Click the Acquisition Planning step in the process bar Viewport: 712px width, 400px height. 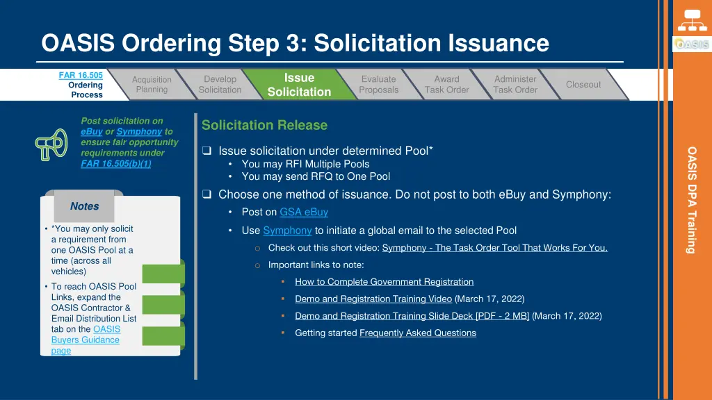click(x=152, y=85)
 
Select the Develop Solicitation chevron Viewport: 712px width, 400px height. click(x=220, y=85)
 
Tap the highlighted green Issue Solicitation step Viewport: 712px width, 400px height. click(x=299, y=85)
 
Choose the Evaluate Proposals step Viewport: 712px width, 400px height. click(x=378, y=85)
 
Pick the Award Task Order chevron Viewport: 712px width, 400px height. click(x=446, y=85)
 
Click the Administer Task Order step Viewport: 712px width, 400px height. click(x=515, y=85)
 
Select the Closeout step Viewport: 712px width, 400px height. click(x=583, y=85)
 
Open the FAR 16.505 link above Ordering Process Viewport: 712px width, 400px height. click(x=81, y=75)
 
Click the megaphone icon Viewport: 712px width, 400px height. click(x=51, y=144)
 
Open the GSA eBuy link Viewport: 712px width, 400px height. click(x=304, y=212)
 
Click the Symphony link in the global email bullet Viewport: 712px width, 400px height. click(x=287, y=231)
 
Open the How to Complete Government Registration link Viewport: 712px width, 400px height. click(x=384, y=282)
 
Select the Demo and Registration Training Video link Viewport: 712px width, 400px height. click(x=373, y=299)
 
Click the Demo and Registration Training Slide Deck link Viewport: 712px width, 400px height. click(x=412, y=316)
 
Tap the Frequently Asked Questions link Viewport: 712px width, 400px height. click(x=417, y=333)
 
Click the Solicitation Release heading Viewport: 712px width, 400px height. click(x=264, y=126)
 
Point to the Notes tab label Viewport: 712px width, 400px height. click(x=84, y=206)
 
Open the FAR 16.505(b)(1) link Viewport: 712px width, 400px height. click(x=115, y=164)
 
